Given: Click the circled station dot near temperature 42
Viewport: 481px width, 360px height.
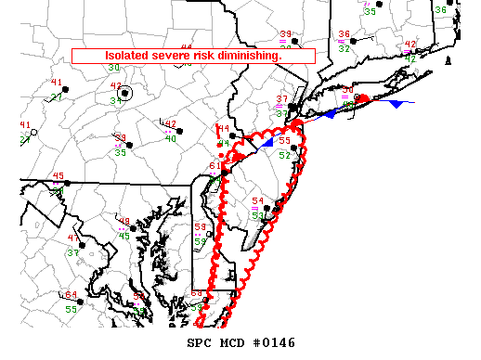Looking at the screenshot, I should click(x=126, y=94).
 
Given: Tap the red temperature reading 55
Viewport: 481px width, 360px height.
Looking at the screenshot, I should click(x=285, y=141).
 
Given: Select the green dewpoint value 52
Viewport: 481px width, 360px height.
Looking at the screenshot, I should click(x=285, y=155).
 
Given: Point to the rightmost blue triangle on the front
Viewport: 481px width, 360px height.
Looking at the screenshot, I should click(x=396, y=104).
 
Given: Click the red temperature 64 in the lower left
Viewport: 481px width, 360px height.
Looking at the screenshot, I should click(x=71, y=295).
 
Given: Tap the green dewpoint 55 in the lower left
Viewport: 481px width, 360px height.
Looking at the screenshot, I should click(x=71, y=309).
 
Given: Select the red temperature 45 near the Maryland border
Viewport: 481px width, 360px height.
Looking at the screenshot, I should click(x=58, y=176).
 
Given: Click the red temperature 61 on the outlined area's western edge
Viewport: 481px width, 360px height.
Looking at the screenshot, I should click(x=214, y=166).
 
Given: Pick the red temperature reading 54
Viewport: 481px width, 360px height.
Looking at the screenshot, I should click(x=258, y=201).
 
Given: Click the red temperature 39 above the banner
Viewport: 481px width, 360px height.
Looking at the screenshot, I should click(x=286, y=34).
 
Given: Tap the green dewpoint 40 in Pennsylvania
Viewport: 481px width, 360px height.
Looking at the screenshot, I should click(x=171, y=139).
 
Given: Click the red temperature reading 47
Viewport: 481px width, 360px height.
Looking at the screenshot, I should click(x=73, y=238).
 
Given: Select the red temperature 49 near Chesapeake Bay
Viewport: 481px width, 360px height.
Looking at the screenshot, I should click(x=123, y=222).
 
